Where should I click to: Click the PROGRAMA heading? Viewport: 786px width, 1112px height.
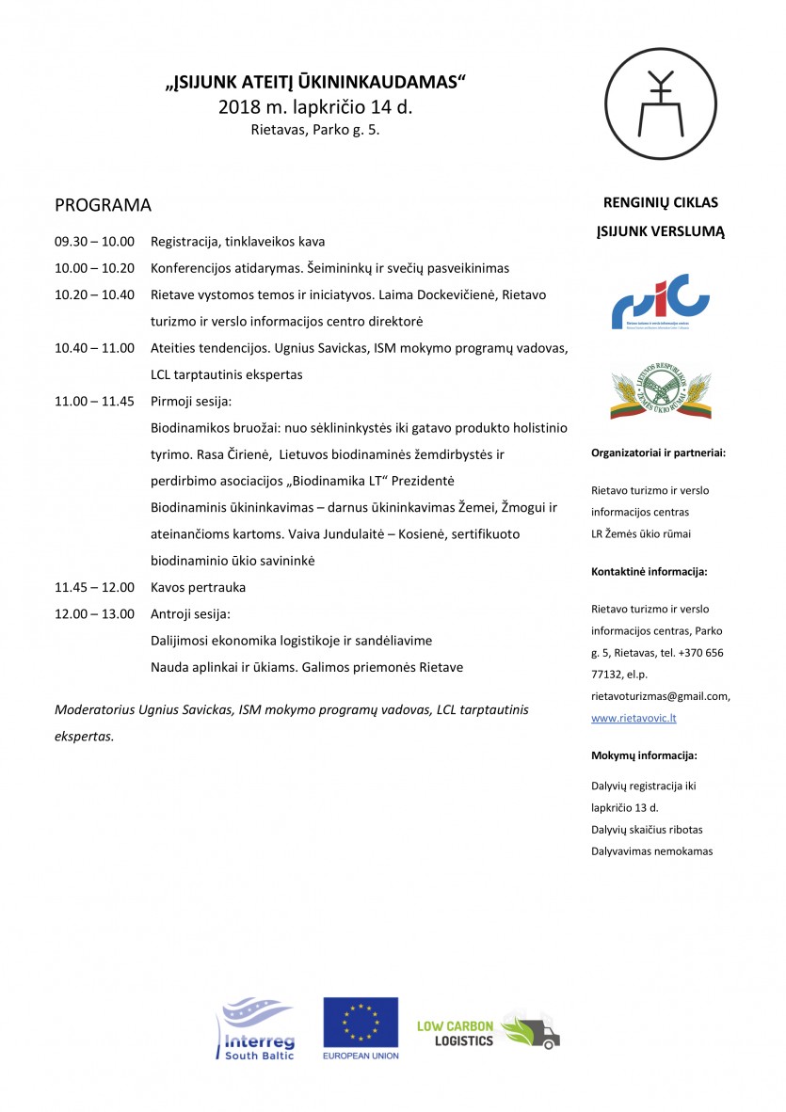pos(103,205)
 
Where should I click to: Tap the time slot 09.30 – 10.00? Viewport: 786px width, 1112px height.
pos(94,242)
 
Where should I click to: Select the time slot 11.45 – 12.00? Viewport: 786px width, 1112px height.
pos(94,588)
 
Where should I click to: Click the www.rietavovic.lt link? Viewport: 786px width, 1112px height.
pos(634,718)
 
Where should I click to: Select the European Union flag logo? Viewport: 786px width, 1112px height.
pos(361,1024)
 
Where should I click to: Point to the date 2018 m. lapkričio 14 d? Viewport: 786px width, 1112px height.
pos(315,107)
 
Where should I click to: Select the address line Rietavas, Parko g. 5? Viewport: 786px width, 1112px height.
pos(315,131)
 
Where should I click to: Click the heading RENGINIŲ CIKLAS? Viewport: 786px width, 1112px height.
pos(660,201)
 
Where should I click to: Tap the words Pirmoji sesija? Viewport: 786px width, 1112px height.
pos(191,401)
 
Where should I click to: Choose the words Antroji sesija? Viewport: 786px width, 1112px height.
pos(190,614)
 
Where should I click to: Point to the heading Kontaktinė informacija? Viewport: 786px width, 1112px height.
pos(650,571)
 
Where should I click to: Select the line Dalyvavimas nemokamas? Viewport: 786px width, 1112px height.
pos(652,851)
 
